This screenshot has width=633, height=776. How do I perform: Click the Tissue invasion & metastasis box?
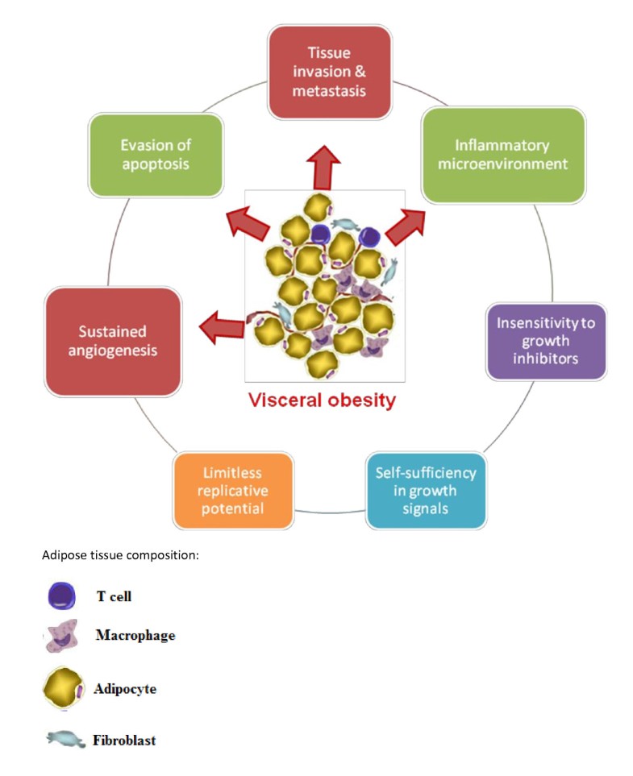pyautogui.click(x=329, y=72)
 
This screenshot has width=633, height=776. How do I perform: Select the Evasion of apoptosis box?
pyautogui.click(x=156, y=155)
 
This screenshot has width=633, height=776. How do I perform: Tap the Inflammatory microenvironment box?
pyautogui.click(x=502, y=155)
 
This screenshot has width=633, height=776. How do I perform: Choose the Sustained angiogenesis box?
pyautogui.click(x=113, y=341)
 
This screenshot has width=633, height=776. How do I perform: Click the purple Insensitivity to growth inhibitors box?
pyautogui.click(x=545, y=341)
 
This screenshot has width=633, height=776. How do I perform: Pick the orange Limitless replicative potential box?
pyautogui.click(x=233, y=490)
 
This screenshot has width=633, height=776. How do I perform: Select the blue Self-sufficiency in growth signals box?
pyautogui.click(x=425, y=490)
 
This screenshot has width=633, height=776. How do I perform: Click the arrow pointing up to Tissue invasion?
pyautogui.click(x=326, y=165)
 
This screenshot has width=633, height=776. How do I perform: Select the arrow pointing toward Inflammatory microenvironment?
pyautogui.click(x=406, y=225)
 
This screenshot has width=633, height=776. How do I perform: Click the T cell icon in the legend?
pyautogui.click(x=61, y=597)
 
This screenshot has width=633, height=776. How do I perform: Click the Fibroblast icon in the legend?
pyautogui.click(x=62, y=739)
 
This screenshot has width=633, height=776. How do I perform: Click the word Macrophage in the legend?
pyautogui.click(x=135, y=635)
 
